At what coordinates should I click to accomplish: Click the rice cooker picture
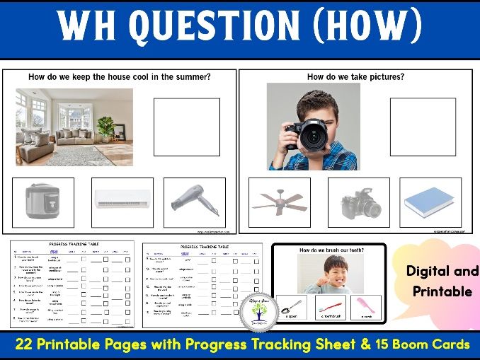(43, 202)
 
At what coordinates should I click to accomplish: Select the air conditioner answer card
(122, 202)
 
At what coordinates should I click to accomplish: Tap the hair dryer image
(195, 202)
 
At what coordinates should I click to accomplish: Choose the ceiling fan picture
(279, 202)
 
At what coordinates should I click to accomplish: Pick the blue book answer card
(430, 202)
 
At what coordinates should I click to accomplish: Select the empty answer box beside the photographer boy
(423, 127)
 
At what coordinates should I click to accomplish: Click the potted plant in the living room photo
(106, 127)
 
